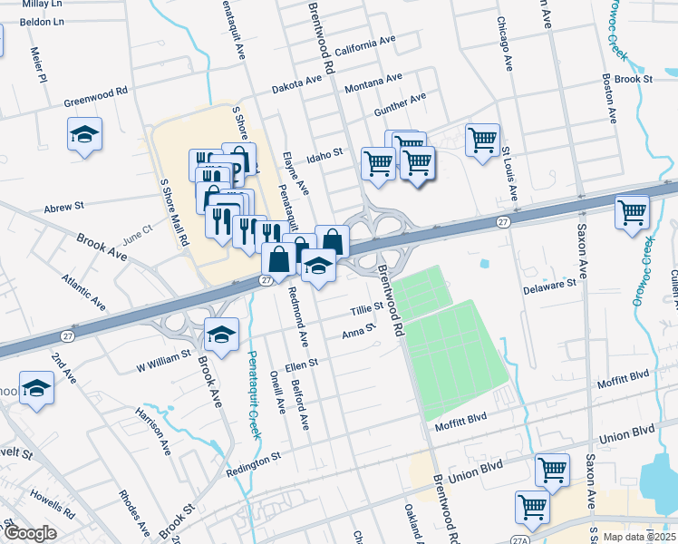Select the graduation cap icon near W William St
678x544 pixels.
[x=221, y=335]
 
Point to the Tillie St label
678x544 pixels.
[x=367, y=310]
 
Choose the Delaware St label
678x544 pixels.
[x=549, y=284]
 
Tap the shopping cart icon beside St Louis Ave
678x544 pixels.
[x=482, y=139]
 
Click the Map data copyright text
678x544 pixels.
[x=636, y=537]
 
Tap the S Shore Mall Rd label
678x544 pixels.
[x=174, y=212]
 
